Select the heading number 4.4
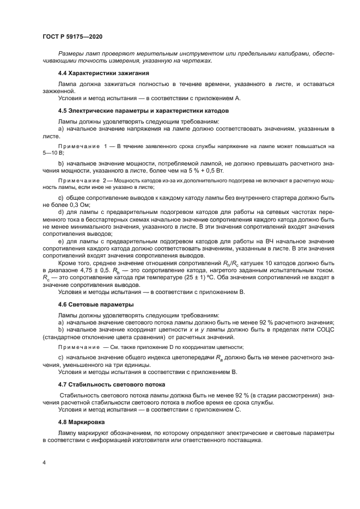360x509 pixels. coord(64,72)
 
